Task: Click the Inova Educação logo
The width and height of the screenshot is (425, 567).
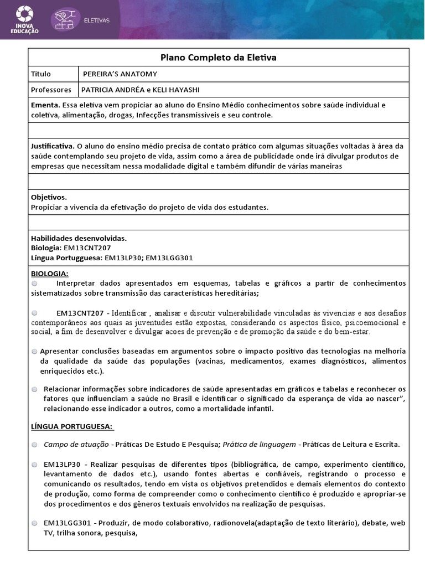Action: tap(24, 20)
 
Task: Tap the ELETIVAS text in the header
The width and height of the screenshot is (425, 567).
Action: tap(96, 20)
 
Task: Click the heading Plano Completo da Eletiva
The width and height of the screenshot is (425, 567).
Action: tap(218, 58)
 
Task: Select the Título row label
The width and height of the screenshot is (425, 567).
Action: tap(41, 74)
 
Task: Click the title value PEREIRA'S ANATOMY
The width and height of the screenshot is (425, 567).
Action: tap(120, 74)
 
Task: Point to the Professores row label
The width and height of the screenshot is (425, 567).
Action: tap(51, 89)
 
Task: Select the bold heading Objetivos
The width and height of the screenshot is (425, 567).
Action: tap(49, 197)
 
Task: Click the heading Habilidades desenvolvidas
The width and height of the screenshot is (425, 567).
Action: tap(79, 239)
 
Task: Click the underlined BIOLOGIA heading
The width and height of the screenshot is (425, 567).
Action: tap(50, 274)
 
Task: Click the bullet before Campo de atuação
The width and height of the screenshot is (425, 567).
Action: tap(35, 445)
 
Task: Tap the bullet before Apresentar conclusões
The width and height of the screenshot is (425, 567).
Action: tap(35, 352)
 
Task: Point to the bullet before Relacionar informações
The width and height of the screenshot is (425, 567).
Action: tap(35, 389)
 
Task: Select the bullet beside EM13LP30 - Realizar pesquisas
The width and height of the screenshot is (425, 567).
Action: tap(35, 463)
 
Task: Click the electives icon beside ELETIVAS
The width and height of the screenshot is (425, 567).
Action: tap(66, 19)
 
